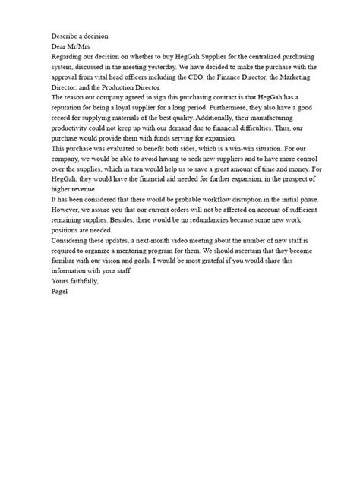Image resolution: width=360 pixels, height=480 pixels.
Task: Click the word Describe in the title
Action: pos(66,36)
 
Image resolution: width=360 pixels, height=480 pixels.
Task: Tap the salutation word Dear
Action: pos(60,46)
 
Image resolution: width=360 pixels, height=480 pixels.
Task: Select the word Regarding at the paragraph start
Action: pos(68,57)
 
